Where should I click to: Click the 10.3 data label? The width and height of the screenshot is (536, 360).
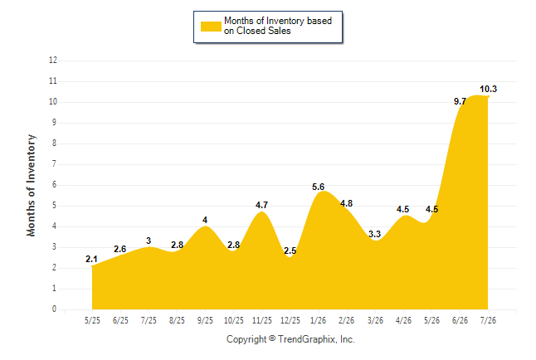(x=488, y=90)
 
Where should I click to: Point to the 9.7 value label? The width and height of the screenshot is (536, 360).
(x=460, y=101)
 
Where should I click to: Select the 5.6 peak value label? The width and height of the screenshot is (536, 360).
(x=318, y=187)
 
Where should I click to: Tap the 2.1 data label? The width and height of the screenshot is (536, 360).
(x=91, y=259)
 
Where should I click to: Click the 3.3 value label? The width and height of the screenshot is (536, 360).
(x=375, y=234)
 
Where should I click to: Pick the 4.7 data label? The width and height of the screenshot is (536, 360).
(x=262, y=205)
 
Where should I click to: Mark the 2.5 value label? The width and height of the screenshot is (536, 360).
(x=290, y=251)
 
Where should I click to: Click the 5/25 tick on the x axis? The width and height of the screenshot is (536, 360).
(x=92, y=320)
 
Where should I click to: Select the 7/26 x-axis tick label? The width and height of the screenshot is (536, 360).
(x=488, y=320)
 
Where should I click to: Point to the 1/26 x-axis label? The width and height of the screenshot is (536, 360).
(x=319, y=320)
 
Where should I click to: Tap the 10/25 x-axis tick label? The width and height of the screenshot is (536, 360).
(x=234, y=320)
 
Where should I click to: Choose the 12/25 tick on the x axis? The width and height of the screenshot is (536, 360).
(x=290, y=320)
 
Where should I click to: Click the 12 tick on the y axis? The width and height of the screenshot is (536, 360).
(x=53, y=61)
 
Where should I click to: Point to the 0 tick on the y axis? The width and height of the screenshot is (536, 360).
(x=55, y=309)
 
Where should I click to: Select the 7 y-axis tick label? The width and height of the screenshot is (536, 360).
(x=55, y=164)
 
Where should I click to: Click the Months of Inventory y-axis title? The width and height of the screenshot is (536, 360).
(x=31, y=185)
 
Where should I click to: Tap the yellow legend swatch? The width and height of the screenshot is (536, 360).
(x=211, y=27)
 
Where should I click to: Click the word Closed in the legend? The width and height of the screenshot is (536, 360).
(x=251, y=31)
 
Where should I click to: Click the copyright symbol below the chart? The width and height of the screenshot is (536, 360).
(x=272, y=338)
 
